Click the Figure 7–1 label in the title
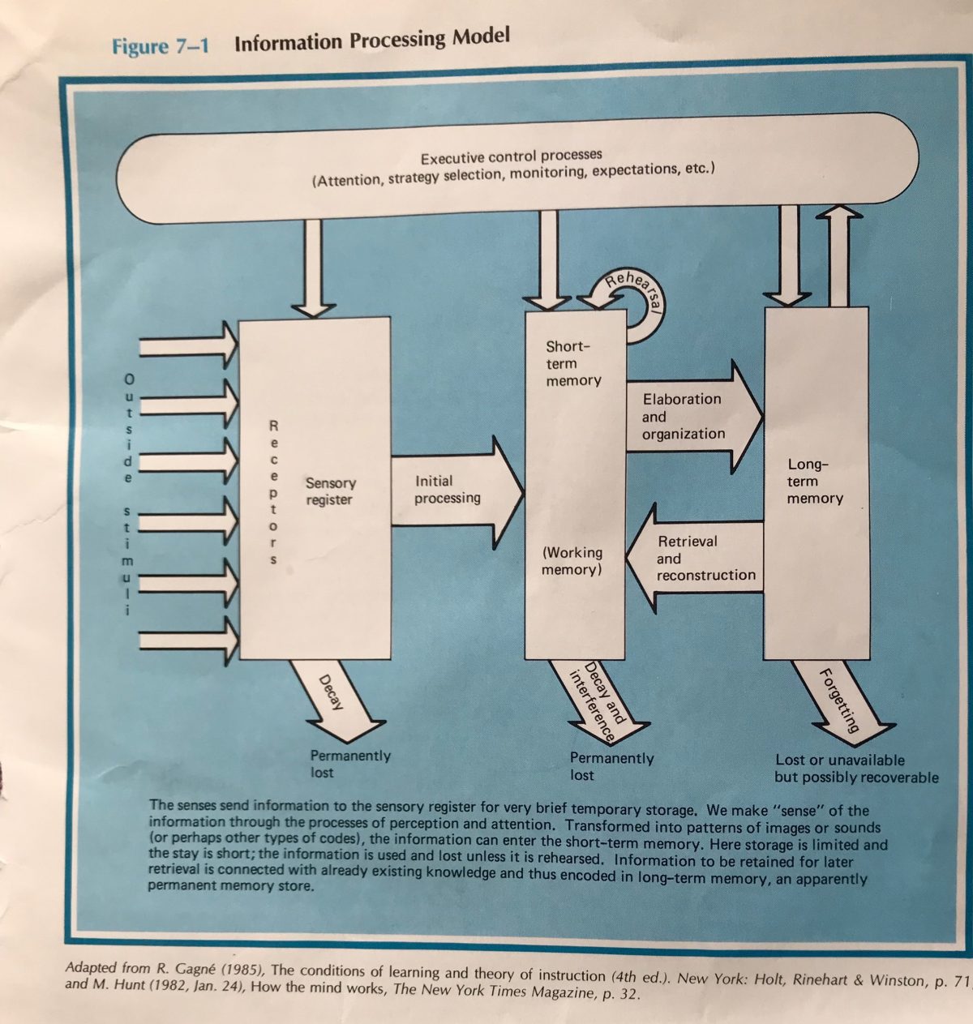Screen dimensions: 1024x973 tap(160, 45)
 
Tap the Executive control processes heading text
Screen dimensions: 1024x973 tap(511, 156)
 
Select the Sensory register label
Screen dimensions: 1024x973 tap(330, 491)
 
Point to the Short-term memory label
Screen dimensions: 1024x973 tap(572, 363)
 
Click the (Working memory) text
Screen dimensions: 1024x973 tap(572, 561)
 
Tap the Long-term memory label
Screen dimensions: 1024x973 tap(814, 482)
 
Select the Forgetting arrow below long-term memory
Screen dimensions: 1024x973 tap(839, 699)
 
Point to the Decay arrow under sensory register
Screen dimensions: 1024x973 tap(336, 696)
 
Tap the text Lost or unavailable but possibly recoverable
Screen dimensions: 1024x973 tap(855, 769)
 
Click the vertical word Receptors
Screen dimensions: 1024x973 tap(274, 492)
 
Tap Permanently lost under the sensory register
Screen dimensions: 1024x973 tap(349, 764)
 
